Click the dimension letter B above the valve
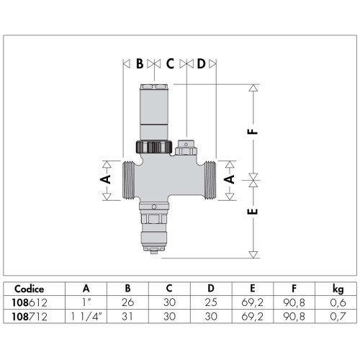(140, 64)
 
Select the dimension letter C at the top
(170, 64)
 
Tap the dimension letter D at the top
(202, 64)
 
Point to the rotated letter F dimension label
(253, 132)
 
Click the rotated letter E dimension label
(253, 212)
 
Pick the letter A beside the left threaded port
(106, 179)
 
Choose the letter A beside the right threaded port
(230, 179)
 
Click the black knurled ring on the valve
(154, 147)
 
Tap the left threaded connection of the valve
(129, 181)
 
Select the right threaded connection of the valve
(210, 181)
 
